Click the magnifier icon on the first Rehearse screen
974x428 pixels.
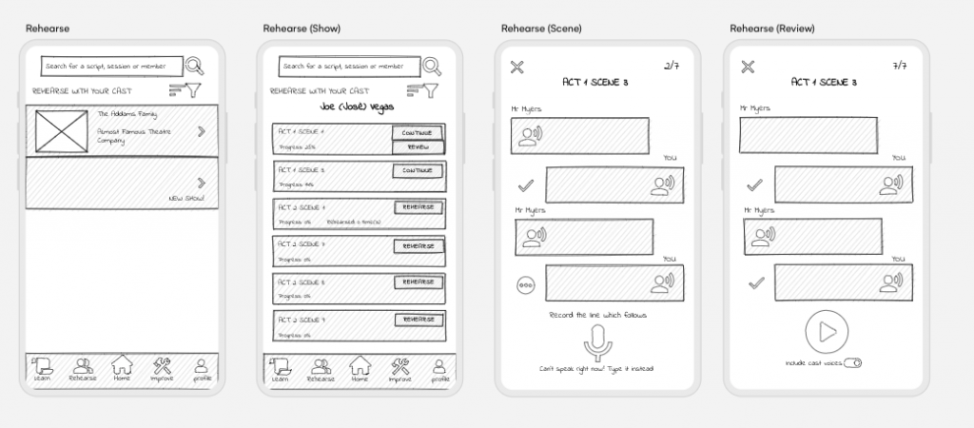point(194,66)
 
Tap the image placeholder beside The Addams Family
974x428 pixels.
point(61,130)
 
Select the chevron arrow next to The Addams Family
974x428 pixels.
point(201,130)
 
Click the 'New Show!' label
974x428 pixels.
point(186,198)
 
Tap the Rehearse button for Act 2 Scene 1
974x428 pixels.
point(418,207)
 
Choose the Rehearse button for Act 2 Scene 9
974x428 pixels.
point(418,319)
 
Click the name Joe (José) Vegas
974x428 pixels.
point(358,107)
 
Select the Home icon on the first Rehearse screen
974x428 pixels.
point(122,366)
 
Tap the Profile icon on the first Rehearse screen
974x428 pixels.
point(202,367)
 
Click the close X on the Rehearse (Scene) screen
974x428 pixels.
point(516,67)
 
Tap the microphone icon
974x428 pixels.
point(597,342)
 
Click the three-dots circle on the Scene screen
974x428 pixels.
point(525,283)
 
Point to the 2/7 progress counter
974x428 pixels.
point(672,66)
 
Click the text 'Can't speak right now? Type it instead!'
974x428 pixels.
point(596,368)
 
